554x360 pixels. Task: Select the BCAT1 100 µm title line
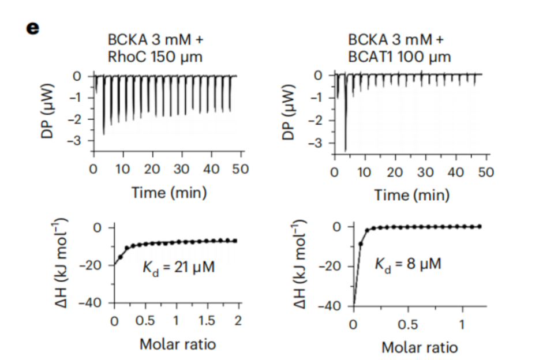[x=399, y=57]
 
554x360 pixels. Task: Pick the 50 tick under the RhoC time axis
[x=241, y=170]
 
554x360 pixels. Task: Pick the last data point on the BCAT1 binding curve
[x=479, y=226]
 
